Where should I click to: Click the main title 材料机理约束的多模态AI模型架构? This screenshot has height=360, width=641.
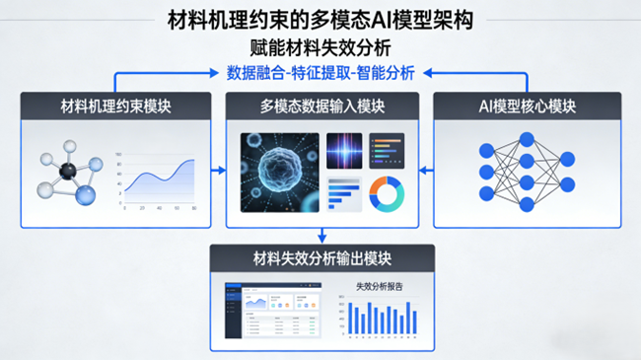pos(320,19)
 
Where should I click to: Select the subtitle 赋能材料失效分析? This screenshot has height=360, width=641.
pos(320,45)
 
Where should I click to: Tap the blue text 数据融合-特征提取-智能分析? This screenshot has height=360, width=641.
pos(320,73)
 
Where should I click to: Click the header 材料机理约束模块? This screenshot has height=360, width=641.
pos(116,107)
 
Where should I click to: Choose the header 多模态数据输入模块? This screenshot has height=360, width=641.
pos(321,107)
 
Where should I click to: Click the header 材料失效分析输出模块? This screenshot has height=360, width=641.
pos(321,259)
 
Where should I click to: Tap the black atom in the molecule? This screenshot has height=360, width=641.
pos(68,170)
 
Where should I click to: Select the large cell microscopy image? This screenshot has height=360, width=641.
pos(280,172)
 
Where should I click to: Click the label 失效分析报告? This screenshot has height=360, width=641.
pos(380,288)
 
